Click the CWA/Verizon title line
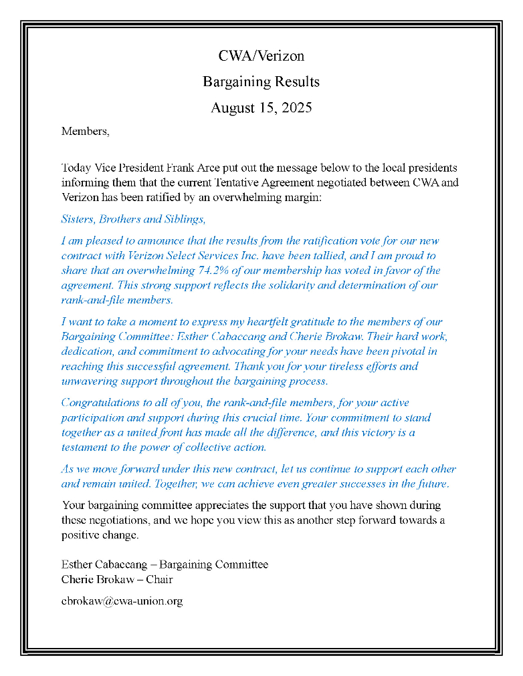point(261,56)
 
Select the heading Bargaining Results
point(261,82)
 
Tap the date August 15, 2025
point(261,108)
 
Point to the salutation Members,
point(85,131)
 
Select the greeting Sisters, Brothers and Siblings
point(133,219)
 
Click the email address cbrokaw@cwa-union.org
point(122,601)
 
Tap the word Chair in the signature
point(159,579)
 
